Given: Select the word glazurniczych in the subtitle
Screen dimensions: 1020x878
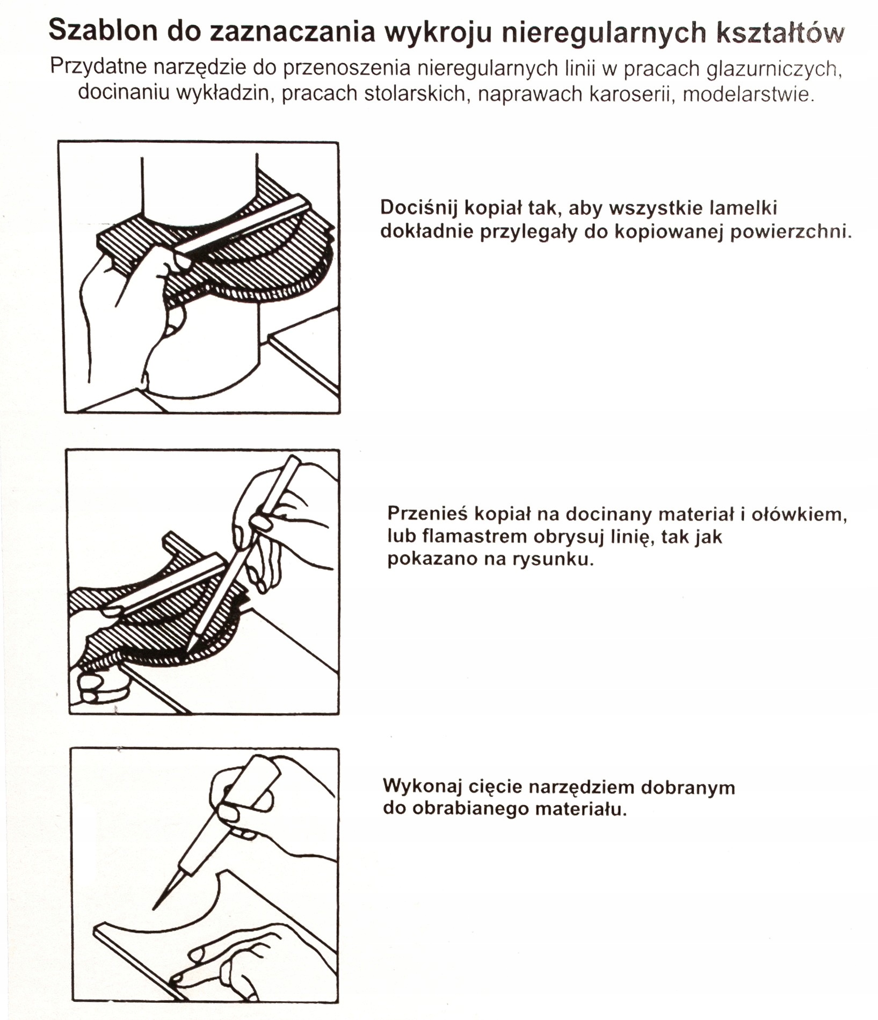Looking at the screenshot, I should [x=773, y=69].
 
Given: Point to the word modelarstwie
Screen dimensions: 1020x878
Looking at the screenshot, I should [x=749, y=94].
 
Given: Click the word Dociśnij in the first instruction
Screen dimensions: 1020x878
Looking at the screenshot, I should [x=419, y=208].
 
